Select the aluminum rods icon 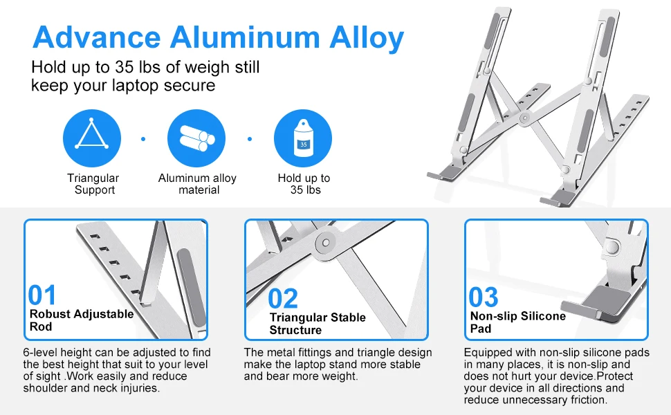(197, 139)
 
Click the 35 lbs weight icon (303, 139)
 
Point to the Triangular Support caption (93, 184)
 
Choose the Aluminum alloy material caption (197, 184)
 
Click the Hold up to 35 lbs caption (304, 184)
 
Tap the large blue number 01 (42, 296)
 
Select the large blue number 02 (283, 299)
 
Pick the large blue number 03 (483, 298)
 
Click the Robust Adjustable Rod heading (81, 320)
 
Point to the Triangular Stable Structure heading (318, 324)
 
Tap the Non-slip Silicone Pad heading (517, 322)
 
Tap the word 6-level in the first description (42, 353)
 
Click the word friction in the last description (584, 400)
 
